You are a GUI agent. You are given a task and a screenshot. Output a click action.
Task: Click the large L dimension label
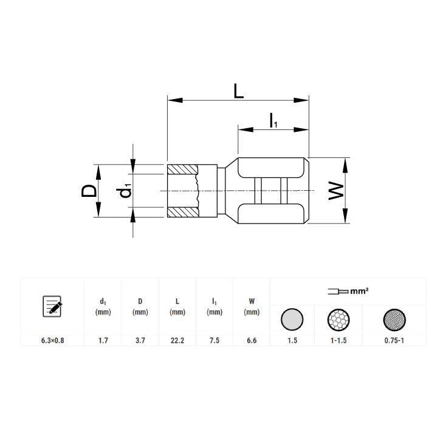pyautogui.click(x=238, y=91)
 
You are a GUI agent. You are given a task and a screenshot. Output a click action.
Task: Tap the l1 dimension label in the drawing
pyautogui.click(x=273, y=120)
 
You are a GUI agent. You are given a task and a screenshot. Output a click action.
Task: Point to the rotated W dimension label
pyautogui.click(x=336, y=191)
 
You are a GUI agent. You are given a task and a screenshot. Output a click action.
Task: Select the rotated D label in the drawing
pyautogui.click(x=89, y=191)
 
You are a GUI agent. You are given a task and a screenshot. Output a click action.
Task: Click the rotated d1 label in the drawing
pyautogui.click(x=125, y=191)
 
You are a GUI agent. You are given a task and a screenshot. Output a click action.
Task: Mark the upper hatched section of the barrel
pyautogui.click(x=182, y=169)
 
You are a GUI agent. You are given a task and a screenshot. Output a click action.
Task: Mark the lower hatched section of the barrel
pyautogui.click(x=182, y=212)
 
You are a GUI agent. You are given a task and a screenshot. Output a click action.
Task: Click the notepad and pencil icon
pyautogui.click(x=52, y=306)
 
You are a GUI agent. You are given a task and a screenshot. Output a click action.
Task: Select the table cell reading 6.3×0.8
pyautogui.click(x=53, y=340)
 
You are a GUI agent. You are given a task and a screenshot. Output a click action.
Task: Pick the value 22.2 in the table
pyautogui.click(x=177, y=340)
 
